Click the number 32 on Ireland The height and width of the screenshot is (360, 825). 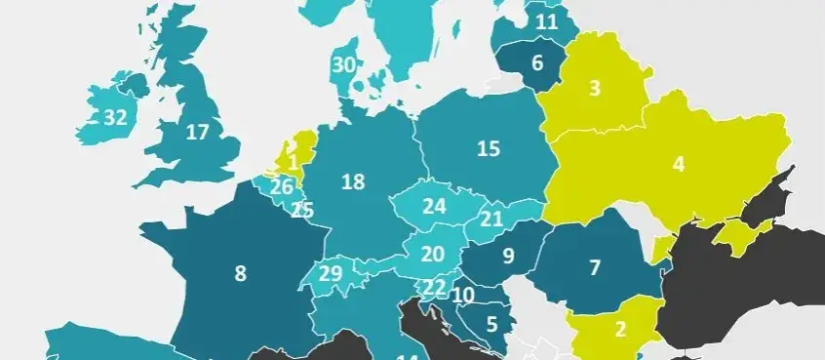point(115,118)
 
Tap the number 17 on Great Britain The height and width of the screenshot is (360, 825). point(197,132)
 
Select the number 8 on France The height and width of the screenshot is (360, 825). point(240,274)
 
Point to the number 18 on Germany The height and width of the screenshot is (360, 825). point(353,181)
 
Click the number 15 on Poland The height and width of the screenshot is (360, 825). point(489,149)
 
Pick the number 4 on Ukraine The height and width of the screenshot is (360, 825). point(679,164)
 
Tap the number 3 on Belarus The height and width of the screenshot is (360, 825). point(594,89)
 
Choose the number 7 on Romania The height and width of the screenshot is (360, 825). point(595,266)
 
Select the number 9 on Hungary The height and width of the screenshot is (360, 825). point(508,258)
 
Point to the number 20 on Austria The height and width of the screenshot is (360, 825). point(433,254)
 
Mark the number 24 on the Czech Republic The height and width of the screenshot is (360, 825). point(434,207)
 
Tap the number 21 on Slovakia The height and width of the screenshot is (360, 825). point(491,219)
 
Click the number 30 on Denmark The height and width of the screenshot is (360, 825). point(342,65)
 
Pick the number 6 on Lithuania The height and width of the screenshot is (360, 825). point(536,65)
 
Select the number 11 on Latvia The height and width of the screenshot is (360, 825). point(546,20)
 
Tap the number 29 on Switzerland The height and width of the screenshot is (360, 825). point(331,273)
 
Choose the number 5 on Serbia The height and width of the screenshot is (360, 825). point(492,323)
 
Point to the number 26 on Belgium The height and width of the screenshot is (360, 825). point(282,186)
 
